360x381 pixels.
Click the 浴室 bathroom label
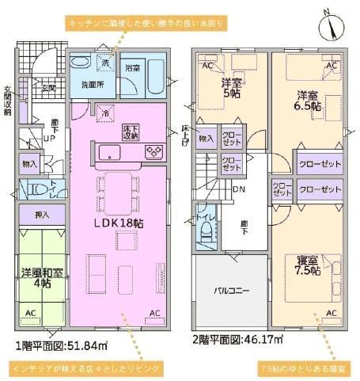[133, 68]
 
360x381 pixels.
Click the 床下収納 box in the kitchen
[131, 132]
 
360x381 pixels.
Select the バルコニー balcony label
[232, 291]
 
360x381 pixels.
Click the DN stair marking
[240, 191]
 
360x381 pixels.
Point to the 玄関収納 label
[7, 100]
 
